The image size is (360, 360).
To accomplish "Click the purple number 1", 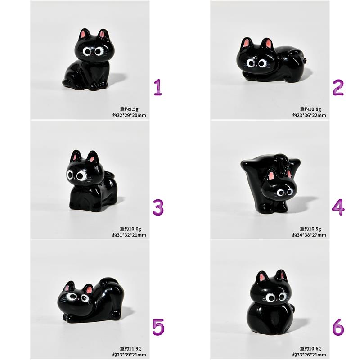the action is [158, 87].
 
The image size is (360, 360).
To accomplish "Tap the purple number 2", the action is [338, 87].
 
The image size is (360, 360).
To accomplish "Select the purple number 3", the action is [158, 207].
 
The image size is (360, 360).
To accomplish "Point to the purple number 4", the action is [338, 207].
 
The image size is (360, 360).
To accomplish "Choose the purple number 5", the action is [158, 327].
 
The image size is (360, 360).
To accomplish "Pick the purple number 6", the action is [338, 327].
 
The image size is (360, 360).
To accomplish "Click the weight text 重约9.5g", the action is [129, 109].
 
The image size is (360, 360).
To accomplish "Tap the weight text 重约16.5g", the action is [310, 229].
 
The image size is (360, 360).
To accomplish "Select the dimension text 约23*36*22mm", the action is [309, 115].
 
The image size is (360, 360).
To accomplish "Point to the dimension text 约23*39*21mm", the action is [129, 355].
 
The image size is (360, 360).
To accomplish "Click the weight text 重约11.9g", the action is [130, 348].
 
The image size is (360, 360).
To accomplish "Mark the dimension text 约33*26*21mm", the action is [309, 355].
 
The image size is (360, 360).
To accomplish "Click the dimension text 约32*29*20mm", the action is [129, 115].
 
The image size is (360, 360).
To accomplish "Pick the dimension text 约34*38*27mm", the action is [309, 235].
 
